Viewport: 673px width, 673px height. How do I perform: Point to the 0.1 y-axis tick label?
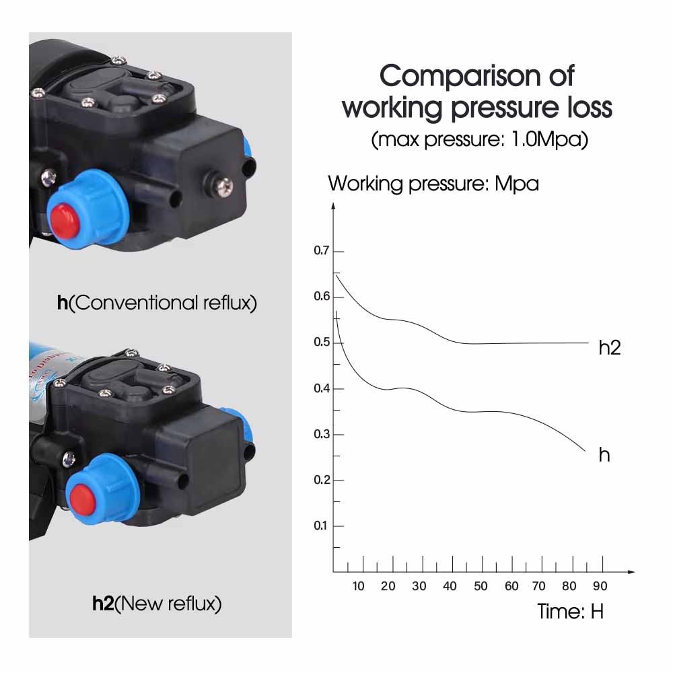pyautogui.click(x=320, y=526)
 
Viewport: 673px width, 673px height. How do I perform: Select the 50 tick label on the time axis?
pyautogui.click(x=481, y=586)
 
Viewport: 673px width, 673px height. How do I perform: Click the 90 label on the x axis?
pyautogui.click(x=600, y=586)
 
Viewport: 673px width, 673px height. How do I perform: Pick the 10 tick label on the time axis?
pyautogui.click(x=358, y=586)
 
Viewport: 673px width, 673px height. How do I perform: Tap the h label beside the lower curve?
pyautogui.click(x=604, y=455)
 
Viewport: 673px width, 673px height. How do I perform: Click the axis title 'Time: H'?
pyautogui.click(x=571, y=612)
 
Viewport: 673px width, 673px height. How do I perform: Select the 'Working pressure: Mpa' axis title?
pyautogui.click(x=433, y=183)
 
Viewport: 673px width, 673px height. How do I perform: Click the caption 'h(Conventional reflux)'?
pyautogui.click(x=157, y=303)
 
